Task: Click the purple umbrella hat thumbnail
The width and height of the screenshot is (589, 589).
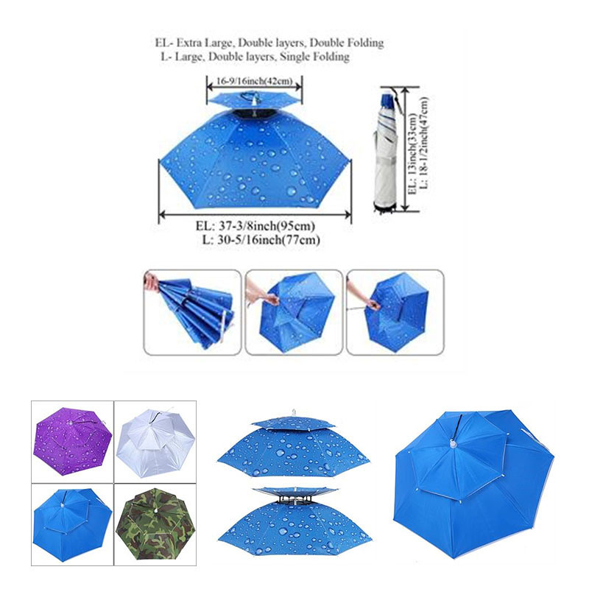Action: coord(72,441)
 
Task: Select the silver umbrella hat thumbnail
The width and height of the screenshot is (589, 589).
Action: coord(155,442)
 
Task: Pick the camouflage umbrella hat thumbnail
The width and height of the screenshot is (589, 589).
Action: coord(155,523)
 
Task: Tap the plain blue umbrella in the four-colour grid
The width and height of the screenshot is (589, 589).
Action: coord(72,524)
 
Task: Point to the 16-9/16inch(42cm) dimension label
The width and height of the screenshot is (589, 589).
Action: coord(254,81)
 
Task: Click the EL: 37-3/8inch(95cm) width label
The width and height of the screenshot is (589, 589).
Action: coord(255,226)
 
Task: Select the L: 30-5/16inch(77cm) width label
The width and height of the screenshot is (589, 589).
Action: coord(261,240)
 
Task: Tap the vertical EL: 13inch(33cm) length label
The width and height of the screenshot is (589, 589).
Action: coord(413,153)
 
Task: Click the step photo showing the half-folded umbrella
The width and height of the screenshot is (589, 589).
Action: coord(192,312)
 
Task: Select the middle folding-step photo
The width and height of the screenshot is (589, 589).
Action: coord(294,312)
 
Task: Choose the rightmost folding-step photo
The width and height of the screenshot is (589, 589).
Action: coord(395,312)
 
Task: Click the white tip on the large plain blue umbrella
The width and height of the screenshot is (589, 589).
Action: coord(454,445)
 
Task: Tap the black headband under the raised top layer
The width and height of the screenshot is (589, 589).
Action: coord(295,499)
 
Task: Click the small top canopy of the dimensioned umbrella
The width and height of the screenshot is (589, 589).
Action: coord(254,99)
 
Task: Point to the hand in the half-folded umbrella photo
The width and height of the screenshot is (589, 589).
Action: coord(151,281)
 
